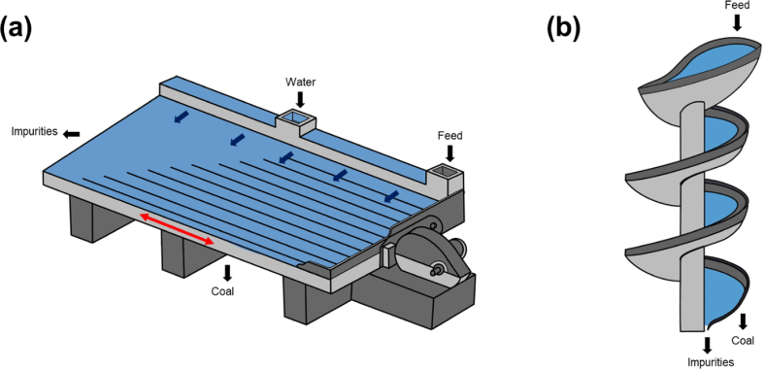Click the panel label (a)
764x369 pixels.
click(x=17, y=29)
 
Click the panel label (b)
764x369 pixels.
click(x=563, y=29)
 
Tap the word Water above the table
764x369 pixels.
click(x=300, y=83)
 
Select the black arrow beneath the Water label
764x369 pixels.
click(x=300, y=99)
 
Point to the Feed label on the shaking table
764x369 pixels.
click(x=449, y=136)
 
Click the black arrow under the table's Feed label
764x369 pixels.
click(x=450, y=153)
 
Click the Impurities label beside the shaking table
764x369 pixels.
click(x=35, y=132)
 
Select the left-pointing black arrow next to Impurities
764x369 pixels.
click(x=72, y=134)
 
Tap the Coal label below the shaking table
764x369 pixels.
click(x=222, y=291)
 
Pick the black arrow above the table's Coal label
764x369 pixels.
click(x=226, y=273)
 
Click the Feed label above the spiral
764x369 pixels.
click(x=736, y=6)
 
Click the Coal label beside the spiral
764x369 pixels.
click(x=743, y=340)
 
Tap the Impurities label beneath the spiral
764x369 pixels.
click(x=711, y=362)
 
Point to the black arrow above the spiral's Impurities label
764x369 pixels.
click(x=707, y=345)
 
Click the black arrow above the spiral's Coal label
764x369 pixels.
click(x=743, y=321)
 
